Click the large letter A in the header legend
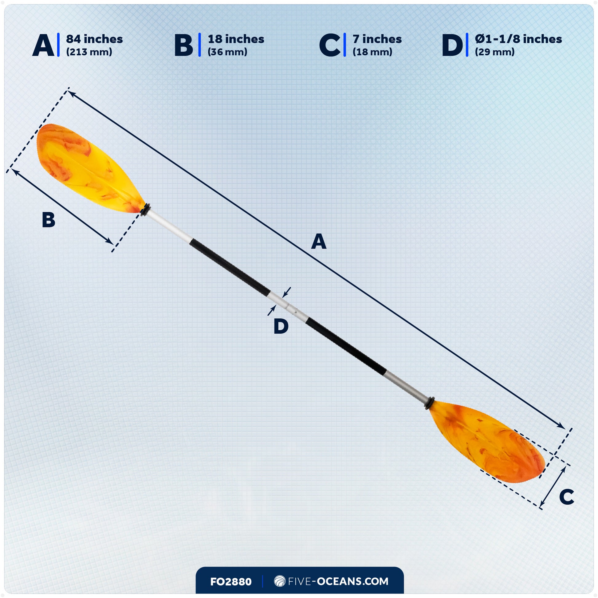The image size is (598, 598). point(43,45)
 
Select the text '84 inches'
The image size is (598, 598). point(94,39)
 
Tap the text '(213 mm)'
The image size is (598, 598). point(89,52)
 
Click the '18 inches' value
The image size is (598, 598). point(236,39)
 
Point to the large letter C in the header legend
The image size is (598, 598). point(330,45)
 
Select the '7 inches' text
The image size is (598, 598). point(377,39)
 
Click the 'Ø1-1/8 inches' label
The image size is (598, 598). point(518,39)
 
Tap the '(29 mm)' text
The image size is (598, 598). point(495,52)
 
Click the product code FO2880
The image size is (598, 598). point(230,582)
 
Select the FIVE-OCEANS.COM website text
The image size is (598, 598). point(338,581)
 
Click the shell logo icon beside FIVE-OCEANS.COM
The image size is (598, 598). point(280,581)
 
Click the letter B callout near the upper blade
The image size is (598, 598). point(49,220)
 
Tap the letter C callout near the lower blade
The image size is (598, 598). point(566,497)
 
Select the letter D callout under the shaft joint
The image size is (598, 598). point(281,326)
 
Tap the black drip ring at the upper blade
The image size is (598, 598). point(145,210)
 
